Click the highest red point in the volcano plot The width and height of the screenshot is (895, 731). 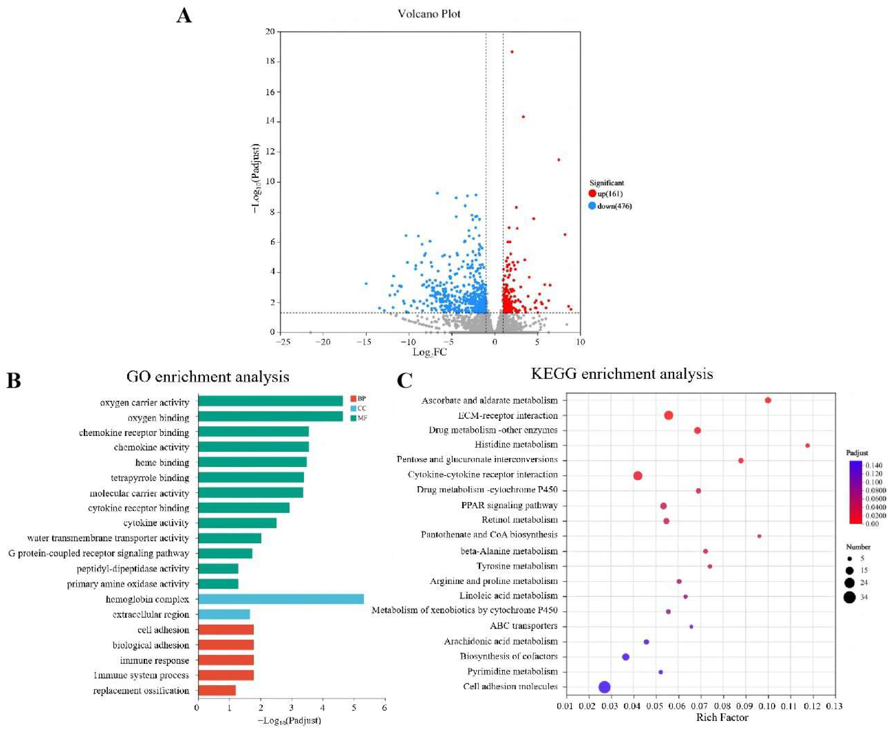(512, 52)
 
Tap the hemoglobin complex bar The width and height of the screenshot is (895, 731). (280, 599)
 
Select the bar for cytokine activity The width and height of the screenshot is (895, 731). (237, 523)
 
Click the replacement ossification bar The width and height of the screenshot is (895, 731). (217, 691)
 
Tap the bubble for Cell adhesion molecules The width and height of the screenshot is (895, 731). (604, 687)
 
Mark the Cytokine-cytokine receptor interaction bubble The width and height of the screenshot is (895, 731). (638, 476)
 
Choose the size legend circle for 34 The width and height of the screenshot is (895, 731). (849, 597)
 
